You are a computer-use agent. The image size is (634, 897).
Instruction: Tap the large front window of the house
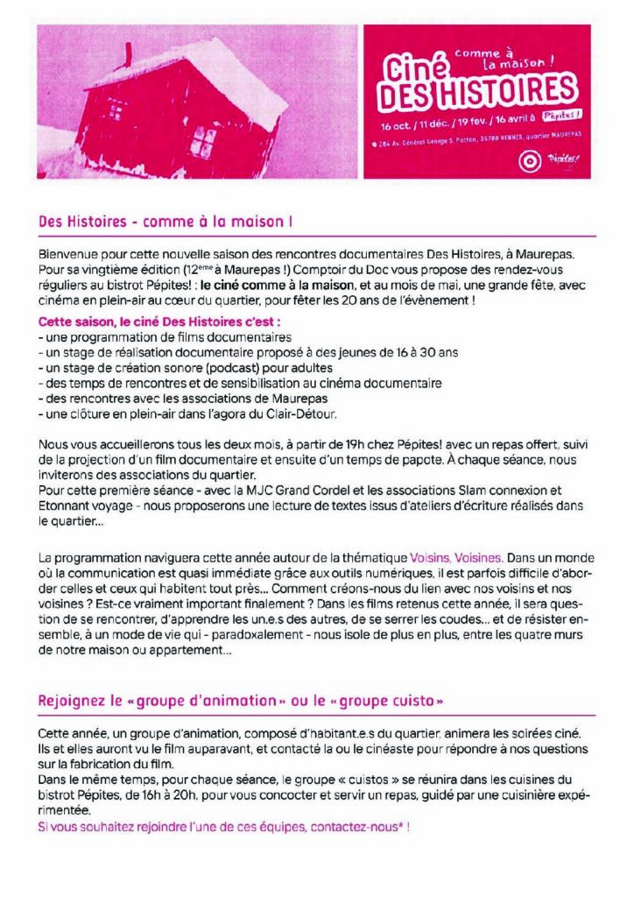tap(203, 140)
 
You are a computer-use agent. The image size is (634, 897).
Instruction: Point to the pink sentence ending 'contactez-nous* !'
tap(225, 825)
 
